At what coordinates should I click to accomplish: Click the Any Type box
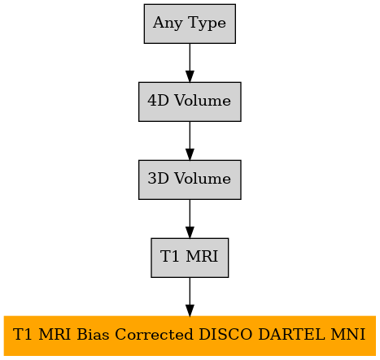click(x=190, y=24)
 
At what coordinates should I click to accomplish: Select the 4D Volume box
click(x=190, y=102)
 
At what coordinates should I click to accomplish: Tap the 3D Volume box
click(x=190, y=180)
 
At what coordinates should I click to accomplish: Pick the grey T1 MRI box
click(x=190, y=258)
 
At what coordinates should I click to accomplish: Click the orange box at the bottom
click(x=190, y=336)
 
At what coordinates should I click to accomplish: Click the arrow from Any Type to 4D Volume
click(x=190, y=63)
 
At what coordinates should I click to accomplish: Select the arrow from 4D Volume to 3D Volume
click(x=190, y=141)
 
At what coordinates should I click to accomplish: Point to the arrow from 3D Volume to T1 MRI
click(x=190, y=219)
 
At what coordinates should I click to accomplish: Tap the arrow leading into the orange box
click(x=190, y=297)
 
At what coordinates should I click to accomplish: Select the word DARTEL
click(x=291, y=335)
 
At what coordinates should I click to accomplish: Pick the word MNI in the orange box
click(x=348, y=335)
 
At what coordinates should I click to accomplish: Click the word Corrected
click(x=154, y=335)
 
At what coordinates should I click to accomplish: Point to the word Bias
click(x=93, y=335)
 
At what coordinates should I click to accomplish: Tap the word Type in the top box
click(x=207, y=24)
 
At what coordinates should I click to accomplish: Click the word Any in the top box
click(x=168, y=24)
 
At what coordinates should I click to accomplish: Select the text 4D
click(x=158, y=101)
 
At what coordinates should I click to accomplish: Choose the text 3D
click(x=158, y=179)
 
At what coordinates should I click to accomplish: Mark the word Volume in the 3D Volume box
click(x=203, y=179)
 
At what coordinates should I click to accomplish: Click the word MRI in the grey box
click(x=202, y=256)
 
